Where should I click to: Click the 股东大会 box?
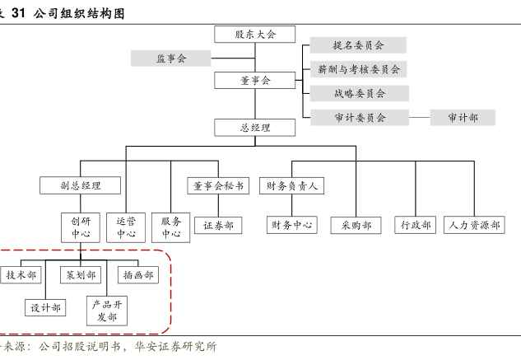255,34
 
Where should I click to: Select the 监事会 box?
171,58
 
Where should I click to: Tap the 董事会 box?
255,81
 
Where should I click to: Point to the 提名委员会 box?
359,45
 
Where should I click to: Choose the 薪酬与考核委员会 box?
359,69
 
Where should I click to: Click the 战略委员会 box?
359,93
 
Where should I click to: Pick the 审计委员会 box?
359,117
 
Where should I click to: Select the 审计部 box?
463,117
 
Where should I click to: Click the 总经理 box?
255,128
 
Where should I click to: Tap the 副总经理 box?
81,185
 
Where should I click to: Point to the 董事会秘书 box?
217,185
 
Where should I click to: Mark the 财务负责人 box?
291,185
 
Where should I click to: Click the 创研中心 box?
81,227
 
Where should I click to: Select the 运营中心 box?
126,227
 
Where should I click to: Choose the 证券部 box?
217,225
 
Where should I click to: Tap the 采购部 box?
356,225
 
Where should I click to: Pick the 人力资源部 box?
474,225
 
